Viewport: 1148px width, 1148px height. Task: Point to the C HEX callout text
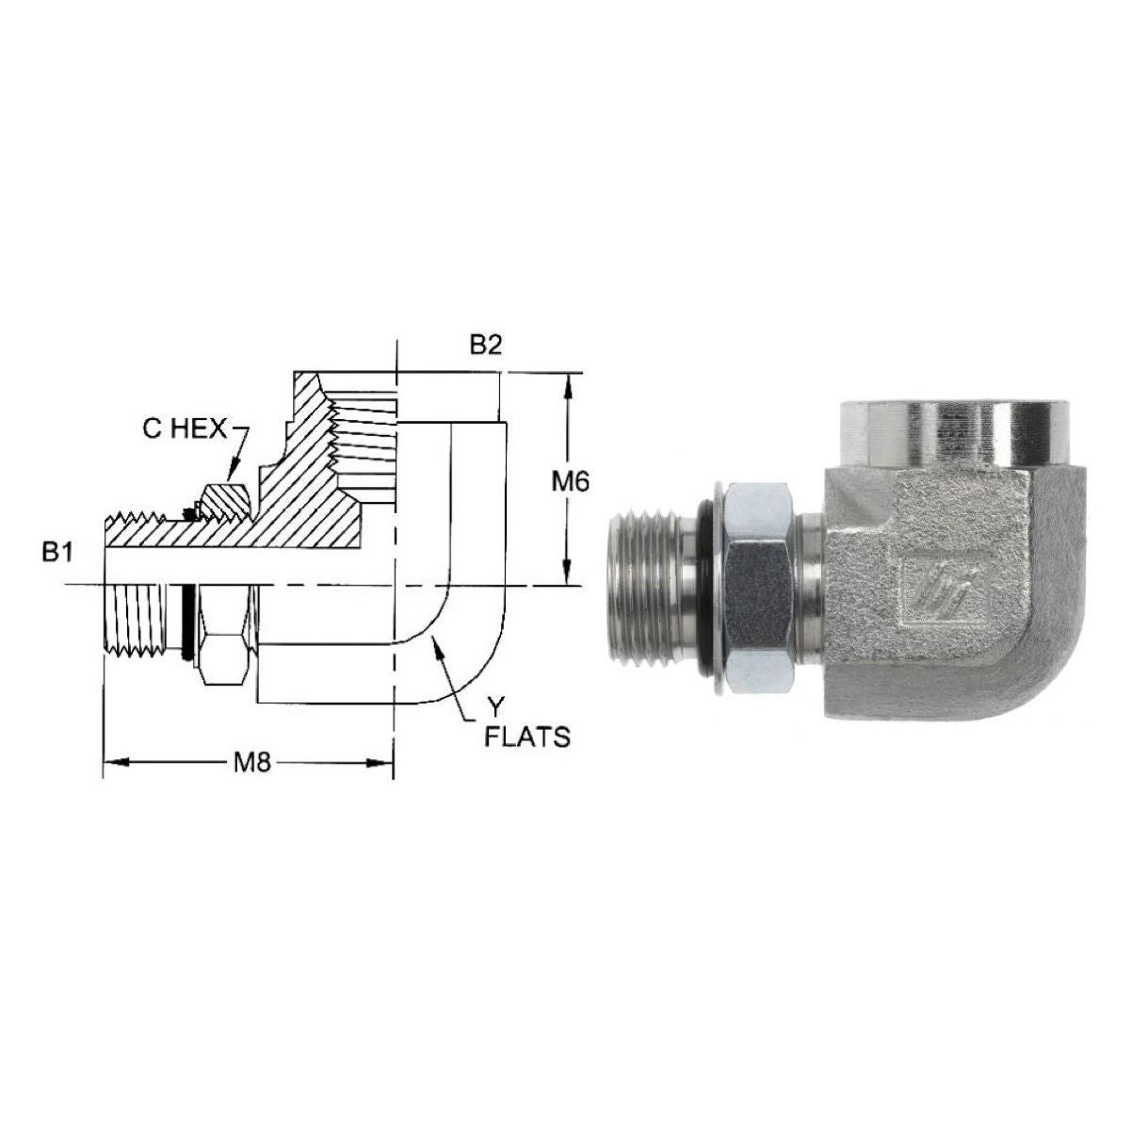click(x=185, y=429)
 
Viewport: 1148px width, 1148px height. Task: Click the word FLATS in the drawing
click(x=526, y=737)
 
